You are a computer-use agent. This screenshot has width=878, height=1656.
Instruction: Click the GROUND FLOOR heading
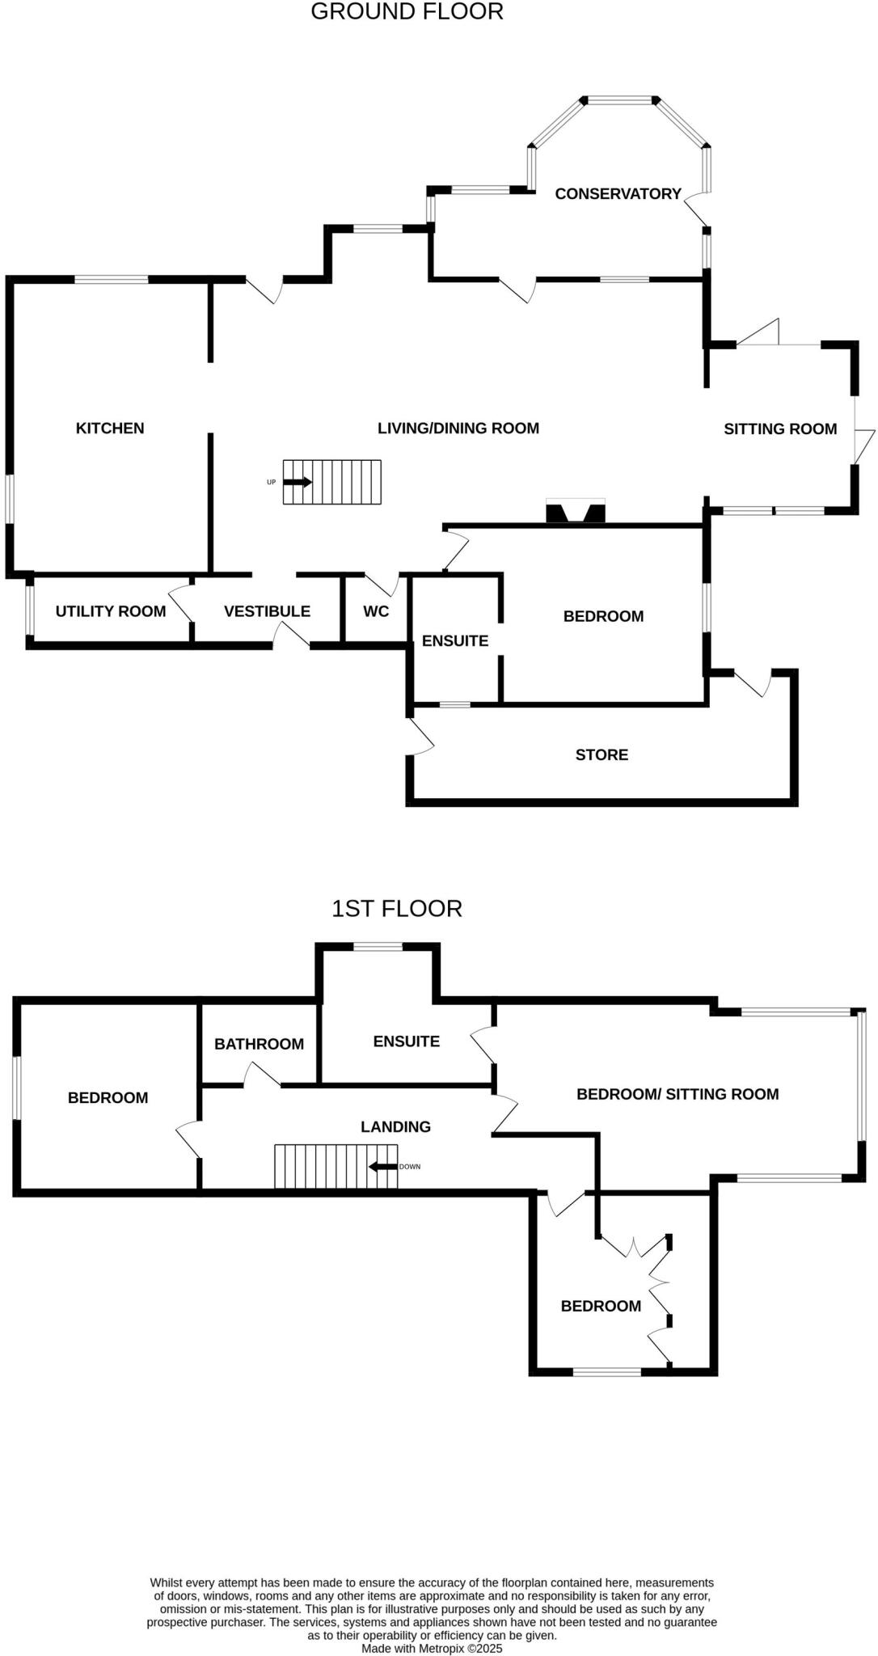[407, 12]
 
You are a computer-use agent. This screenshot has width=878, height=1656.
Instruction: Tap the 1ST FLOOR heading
[396, 909]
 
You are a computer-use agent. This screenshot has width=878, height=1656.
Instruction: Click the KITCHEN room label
[110, 429]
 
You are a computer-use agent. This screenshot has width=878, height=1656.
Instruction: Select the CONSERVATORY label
[618, 194]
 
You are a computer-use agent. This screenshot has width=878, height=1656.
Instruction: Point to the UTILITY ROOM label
[110, 611]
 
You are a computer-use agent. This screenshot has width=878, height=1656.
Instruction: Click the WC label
[376, 611]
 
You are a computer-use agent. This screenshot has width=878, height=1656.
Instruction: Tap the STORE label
[602, 755]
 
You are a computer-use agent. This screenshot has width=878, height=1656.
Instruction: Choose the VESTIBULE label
[267, 611]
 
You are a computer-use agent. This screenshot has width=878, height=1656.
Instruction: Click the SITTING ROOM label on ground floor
[780, 429]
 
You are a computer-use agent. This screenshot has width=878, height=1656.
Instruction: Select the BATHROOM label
[259, 1044]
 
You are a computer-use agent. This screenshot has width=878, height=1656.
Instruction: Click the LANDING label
[395, 1126]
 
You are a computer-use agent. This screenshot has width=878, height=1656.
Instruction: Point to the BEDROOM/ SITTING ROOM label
[677, 1094]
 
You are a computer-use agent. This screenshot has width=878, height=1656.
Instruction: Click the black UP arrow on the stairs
[298, 482]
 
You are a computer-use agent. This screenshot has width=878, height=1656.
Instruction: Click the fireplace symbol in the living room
[576, 512]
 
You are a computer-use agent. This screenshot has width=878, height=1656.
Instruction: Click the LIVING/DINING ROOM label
[458, 429]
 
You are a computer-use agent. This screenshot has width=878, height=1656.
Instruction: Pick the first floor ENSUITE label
[406, 1041]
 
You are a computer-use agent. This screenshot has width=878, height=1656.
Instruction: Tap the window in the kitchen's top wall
[112, 280]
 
